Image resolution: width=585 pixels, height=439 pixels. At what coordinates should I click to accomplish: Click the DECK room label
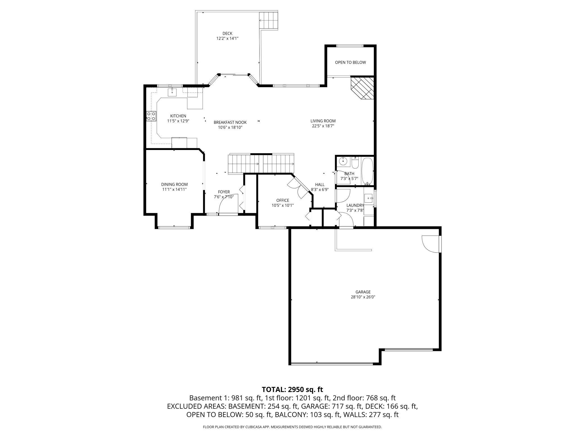227,33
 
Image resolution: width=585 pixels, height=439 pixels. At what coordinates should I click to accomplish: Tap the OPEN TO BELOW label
350,62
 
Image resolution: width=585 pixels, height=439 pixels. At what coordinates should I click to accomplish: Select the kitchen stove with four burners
151,116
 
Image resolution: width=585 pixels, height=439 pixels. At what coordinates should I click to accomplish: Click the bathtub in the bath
367,171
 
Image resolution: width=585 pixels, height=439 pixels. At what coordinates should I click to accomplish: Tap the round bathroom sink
343,162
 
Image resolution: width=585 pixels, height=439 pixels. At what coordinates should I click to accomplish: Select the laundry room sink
368,198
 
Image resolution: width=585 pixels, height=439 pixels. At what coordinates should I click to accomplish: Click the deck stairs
269,21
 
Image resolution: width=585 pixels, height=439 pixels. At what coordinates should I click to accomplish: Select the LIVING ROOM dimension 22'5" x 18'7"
323,126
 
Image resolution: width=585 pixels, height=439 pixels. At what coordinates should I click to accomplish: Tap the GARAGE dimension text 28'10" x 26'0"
363,297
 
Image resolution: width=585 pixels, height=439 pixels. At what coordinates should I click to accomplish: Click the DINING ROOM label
174,185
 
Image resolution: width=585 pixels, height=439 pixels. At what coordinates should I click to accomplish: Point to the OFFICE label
283,200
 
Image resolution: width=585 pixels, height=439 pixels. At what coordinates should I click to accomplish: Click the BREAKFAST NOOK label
230,122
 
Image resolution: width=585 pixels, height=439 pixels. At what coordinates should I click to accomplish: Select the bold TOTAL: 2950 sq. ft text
292,389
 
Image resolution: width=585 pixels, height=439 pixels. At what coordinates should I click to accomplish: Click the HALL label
320,185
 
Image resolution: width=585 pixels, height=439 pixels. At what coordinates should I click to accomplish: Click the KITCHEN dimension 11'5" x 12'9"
178,121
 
